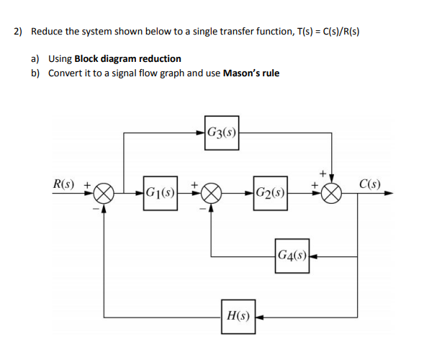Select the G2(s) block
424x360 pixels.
[x=271, y=193]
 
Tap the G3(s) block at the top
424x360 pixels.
[x=221, y=132]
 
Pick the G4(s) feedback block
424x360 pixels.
[x=291, y=256]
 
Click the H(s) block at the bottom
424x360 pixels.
[x=239, y=315]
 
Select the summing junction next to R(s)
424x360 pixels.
[x=105, y=194]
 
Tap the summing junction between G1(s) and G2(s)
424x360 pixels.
[x=212, y=194]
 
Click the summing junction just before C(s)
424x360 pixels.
[x=332, y=194]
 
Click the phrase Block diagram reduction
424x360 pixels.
[x=128, y=58]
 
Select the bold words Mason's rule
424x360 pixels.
[x=251, y=73]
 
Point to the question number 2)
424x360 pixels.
[x=18, y=32]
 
